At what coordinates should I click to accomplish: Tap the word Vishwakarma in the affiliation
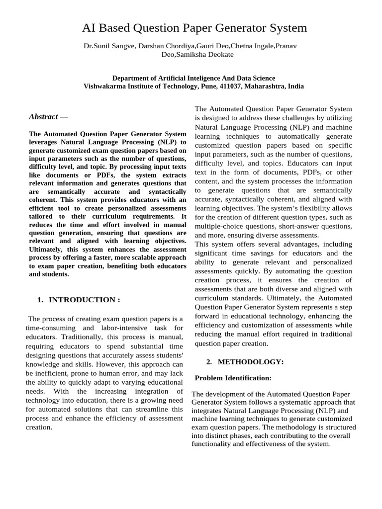(x=103, y=86)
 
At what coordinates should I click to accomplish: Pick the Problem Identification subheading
(x=233, y=378)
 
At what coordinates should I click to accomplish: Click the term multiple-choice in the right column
(x=218, y=226)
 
